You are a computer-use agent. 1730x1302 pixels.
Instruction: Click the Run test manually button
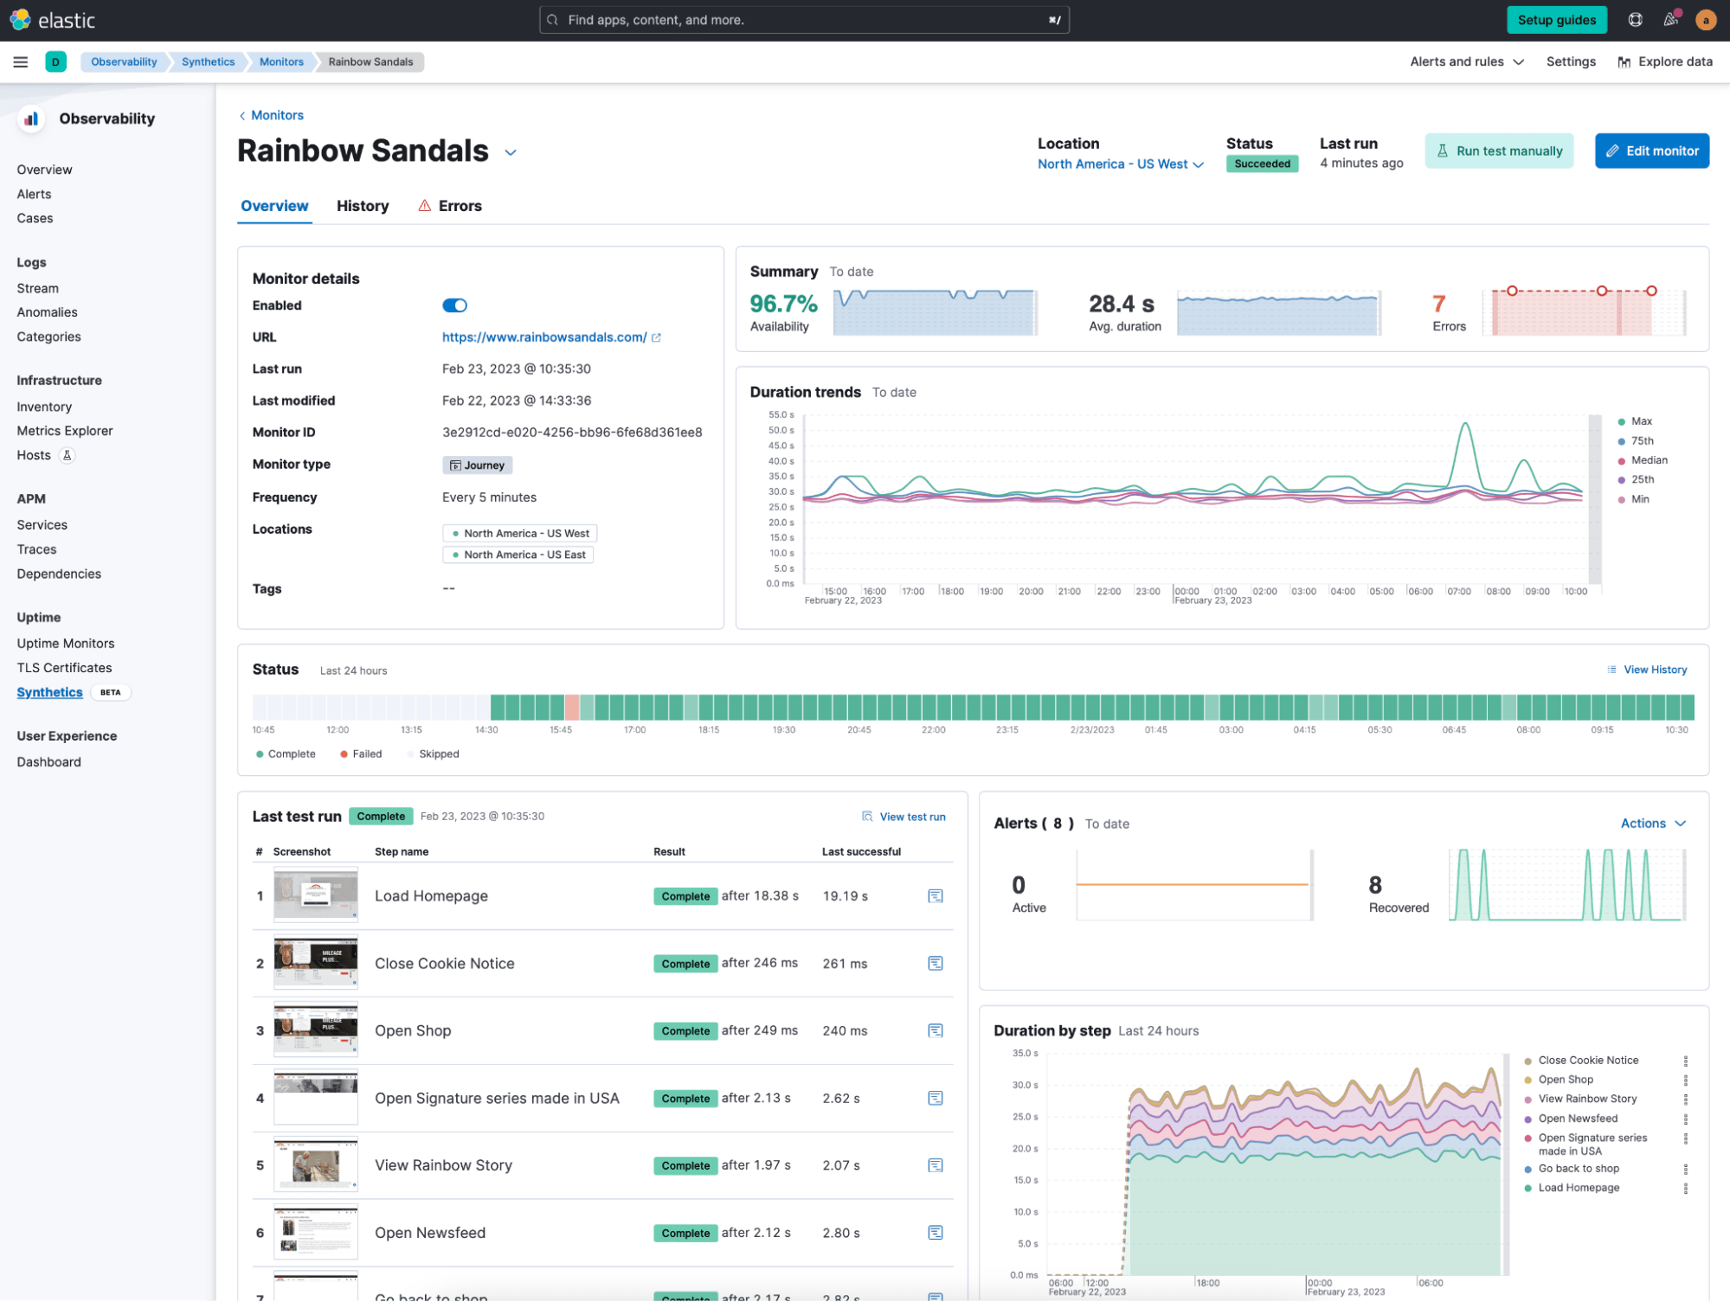(x=1499, y=151)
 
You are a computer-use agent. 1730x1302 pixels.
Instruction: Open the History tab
(x=363, y=206)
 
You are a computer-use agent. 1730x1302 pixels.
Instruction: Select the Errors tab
(x=459, y=206)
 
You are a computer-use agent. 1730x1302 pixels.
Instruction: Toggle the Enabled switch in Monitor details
(x=454, y=305)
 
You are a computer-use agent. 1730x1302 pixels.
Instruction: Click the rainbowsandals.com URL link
(x=544, y=337)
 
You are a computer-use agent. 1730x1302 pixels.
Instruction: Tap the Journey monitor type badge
(x=478, y=465)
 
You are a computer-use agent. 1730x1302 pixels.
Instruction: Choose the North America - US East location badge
(x=518, y=555)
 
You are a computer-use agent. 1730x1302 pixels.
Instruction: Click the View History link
(x=1654, y=670)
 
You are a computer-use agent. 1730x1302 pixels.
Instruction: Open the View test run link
(x=911, y=817)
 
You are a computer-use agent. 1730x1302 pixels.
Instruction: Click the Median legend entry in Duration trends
(x=1648, y=460)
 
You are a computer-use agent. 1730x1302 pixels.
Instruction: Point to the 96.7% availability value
(x=783, y=305)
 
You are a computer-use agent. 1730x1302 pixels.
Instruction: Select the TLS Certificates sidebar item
(x=65, y=668)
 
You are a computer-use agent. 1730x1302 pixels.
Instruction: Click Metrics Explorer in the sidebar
(x=65, y=431)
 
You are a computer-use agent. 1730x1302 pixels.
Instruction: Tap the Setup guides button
(x=1556, y=20)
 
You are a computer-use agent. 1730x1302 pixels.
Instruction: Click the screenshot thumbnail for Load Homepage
(x=316, y=895)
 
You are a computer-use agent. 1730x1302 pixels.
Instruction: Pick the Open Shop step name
(x=413, y=1030)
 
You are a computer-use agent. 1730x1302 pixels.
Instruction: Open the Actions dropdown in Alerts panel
(x=1652, y=824)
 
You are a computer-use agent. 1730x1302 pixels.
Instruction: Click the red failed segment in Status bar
(x=572, y=708)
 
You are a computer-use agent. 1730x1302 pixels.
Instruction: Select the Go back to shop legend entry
(x=1578, y=1169)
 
